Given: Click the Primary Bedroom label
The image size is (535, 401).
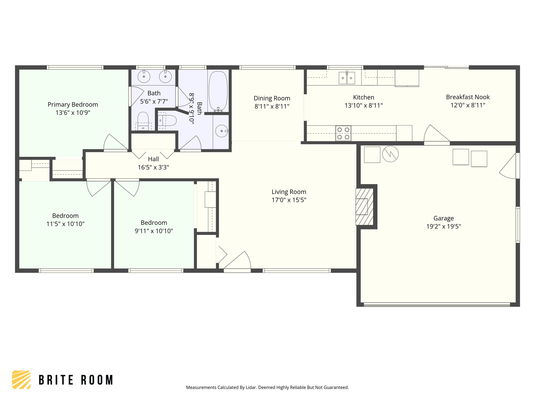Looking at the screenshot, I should [73, 105].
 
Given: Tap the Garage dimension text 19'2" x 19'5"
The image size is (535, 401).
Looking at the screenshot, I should [444, 226].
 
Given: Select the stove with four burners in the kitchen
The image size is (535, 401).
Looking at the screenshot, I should [343, 133].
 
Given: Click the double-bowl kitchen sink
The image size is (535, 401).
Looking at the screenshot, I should [347, 78].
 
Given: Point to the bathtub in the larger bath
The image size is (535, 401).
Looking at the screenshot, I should [218, 91].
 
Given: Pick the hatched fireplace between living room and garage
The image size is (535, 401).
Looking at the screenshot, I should [364, 207].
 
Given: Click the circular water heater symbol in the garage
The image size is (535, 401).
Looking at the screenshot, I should [390, 154].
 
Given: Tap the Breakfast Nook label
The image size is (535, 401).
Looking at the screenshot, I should [468, 97].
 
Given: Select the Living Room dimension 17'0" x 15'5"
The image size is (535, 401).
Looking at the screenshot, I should [289, 200].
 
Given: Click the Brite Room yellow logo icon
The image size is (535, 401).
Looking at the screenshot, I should [21, 380].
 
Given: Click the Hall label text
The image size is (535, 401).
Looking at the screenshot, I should [153, 159].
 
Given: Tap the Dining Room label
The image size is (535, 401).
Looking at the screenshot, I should [272, 98].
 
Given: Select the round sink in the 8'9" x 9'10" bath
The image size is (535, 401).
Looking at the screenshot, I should [222, 131].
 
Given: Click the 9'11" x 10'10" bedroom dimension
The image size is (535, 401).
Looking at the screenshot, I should [154, 231].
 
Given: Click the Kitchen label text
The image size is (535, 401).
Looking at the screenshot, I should [363, 97].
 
